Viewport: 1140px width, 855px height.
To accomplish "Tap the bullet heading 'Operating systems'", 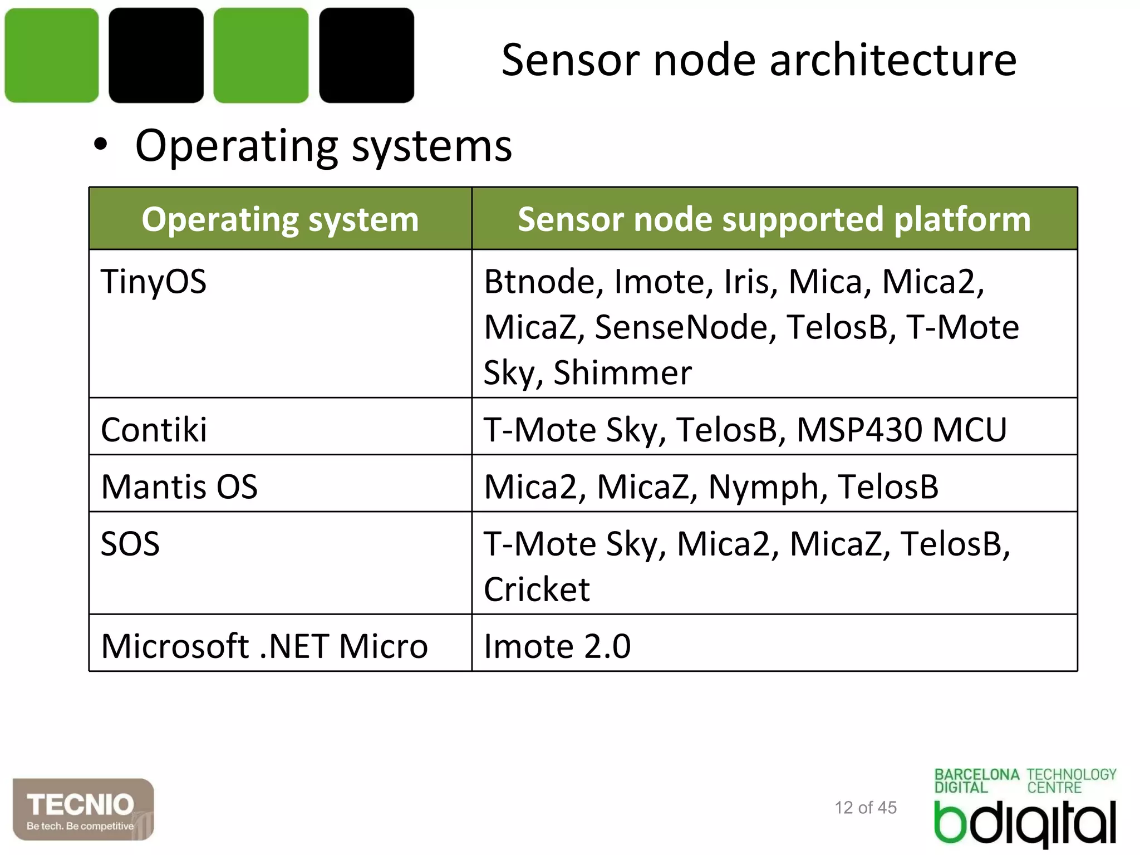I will pos(323,146).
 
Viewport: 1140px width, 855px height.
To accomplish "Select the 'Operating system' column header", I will pos(280,219).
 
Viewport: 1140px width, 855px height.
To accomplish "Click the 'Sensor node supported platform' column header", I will pos(774,219).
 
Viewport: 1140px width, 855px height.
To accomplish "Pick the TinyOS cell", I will pos(154,281).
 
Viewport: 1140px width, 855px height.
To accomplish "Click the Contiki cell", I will pos(154,430).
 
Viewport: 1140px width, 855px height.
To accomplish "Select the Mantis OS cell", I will pos(179,487).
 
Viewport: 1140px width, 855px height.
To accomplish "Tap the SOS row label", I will pos(130,544).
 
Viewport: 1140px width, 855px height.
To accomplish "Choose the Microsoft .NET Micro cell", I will pos(264,646).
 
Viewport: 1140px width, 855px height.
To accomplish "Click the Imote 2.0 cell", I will pos(557,646).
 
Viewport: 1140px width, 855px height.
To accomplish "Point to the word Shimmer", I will pos(622,372).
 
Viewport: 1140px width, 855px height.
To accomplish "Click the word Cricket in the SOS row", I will pos(537,589).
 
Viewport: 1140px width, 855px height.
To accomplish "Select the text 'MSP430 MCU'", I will pos(901,430).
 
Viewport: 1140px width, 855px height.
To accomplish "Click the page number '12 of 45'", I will pos(866,808).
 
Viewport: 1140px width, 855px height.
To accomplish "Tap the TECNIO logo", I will pos(83,809).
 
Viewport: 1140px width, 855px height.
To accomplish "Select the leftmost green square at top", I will pos(52,55).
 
